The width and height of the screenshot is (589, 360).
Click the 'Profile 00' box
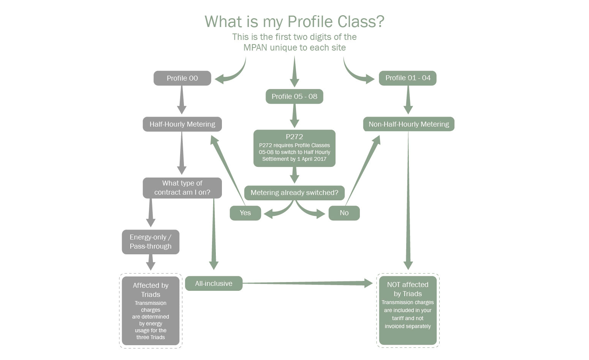point(182,78)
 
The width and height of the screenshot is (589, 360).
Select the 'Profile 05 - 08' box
point(294,97)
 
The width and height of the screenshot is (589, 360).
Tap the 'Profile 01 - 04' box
point(408,78)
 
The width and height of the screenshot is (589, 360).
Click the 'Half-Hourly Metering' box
point(182,124)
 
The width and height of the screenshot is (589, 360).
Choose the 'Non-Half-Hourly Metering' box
point(408,124)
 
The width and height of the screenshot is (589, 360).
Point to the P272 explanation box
point(294,148)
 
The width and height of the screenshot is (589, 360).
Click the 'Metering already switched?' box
point(294,193)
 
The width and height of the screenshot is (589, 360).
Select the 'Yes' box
point(245,213)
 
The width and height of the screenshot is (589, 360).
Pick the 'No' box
point(344,213)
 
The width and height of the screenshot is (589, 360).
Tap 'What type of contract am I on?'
point(182,188)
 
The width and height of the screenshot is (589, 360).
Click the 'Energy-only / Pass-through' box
point(150,242)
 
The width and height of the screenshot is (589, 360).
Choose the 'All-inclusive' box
point(214,284)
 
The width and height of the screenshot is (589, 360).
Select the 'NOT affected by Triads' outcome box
point(408,310)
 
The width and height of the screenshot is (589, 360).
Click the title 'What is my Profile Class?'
point(294,21)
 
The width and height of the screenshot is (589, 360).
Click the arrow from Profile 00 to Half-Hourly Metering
point(182,100)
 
